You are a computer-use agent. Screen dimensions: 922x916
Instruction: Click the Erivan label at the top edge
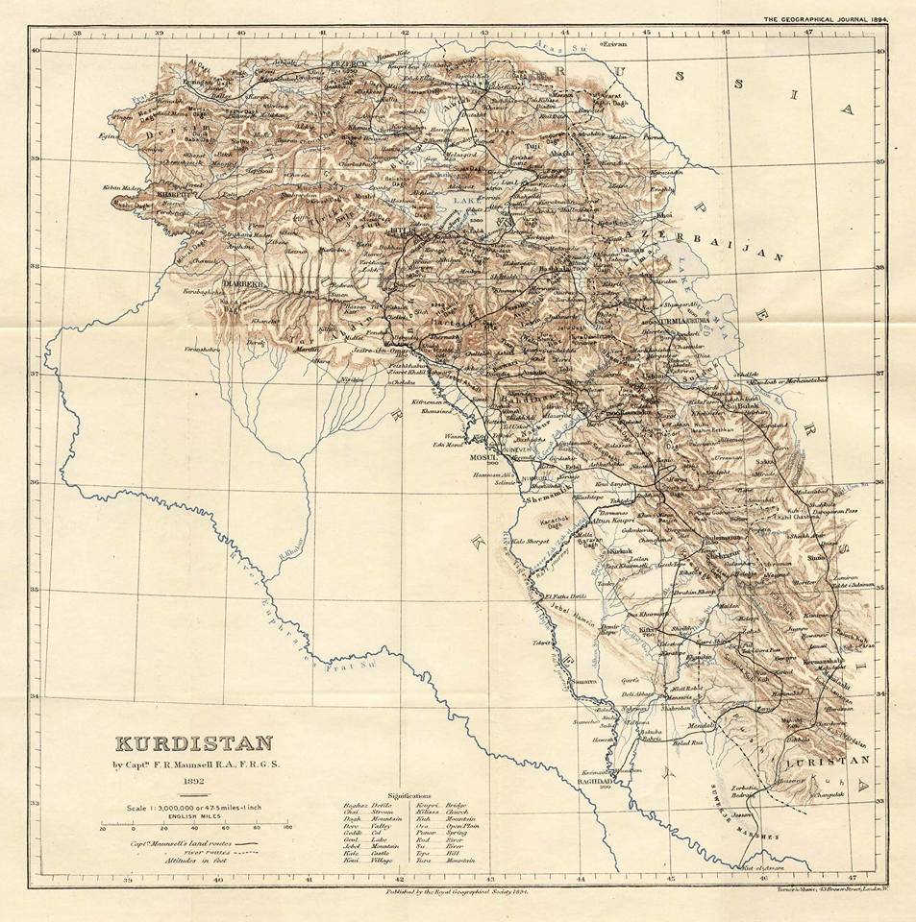point(615,44)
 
